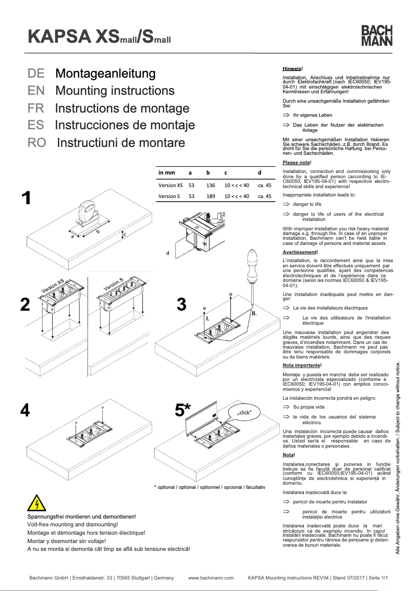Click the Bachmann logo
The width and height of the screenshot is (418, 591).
[x=377, y=36]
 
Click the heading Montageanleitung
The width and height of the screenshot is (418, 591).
[x=105, y=73]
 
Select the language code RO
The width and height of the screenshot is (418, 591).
[x=37, y=142]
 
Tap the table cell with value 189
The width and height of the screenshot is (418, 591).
[x=211, y=196]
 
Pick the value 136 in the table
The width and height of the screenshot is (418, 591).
[x=211, y=184]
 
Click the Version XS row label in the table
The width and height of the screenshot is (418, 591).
[x=170, y=184]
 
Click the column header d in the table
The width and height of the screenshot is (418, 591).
[x=259, y=173]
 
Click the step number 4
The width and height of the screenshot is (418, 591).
[x=24, y=411]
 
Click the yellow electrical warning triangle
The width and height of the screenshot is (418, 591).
[x=37, y=504]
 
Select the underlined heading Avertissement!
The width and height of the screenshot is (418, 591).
[x=299, y=252]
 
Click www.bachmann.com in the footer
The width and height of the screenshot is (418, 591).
[x=210, y=578]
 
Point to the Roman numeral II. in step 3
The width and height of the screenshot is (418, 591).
[x=254, y=313]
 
